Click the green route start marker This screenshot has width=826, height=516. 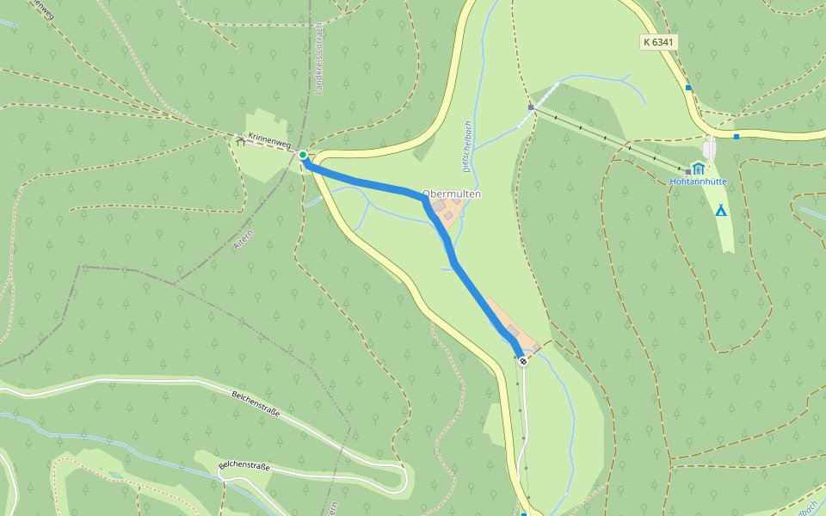(303, 155)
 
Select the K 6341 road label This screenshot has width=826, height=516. (658, 41)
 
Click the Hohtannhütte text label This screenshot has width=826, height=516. (699, 181)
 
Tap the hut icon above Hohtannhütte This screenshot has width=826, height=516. (698, 168)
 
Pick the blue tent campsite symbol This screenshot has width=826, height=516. (721, 210)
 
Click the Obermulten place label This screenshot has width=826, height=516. (452, 194)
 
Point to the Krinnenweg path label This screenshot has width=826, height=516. (269, 140)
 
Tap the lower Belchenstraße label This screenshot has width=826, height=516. (243, 467)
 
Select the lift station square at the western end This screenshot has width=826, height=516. (532, 107)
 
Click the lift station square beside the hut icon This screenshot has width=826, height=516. (688, 172)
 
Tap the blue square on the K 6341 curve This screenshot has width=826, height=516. (688, 88)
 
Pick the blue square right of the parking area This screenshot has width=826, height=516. (737, 136)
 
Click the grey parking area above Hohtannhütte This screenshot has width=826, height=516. (710, 148)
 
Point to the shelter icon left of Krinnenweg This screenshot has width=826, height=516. (241, 142)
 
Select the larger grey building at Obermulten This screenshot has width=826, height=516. (440, 206)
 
